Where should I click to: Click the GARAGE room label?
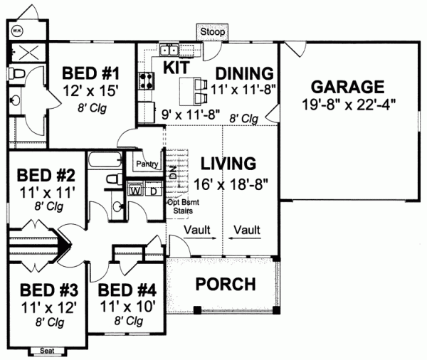tap(348, 88)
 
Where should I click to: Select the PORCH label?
tap(225, 285)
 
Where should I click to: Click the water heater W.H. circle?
tap(16, 31)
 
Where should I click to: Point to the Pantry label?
tap(145, 164)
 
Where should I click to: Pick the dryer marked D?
tap(152, 190)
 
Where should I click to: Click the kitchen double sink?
tap(170, 50)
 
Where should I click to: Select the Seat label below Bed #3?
tap(48, 350)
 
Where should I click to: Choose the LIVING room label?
tap(228, 163)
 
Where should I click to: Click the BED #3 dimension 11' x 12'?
tap(48, 307)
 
